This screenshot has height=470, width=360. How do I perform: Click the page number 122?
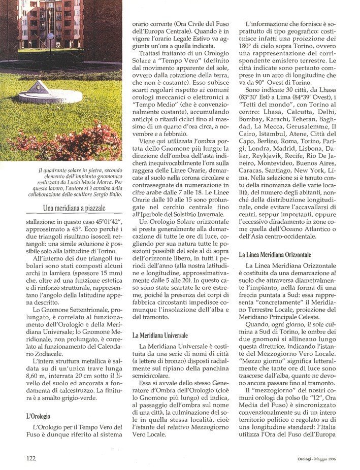click(30, 458)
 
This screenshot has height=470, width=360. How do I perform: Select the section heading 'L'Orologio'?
click(40, 415)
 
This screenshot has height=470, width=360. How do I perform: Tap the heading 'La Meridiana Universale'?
click(160, 335)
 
